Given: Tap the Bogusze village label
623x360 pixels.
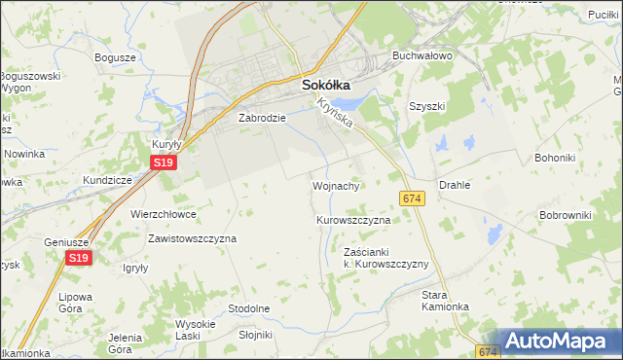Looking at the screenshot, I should [115, 57].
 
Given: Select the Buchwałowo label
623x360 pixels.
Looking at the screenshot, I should [422, 56].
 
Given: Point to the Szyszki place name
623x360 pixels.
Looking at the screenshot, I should [426, 106].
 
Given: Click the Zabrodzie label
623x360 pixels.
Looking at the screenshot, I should [262, 118].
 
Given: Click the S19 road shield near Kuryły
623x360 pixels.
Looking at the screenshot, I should [164, 165].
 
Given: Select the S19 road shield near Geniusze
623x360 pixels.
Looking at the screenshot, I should [80, 257].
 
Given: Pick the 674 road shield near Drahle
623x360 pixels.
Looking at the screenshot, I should [411, 198].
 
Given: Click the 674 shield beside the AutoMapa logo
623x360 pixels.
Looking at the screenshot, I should [489, 350].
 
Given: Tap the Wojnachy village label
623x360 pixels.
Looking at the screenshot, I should [337, 185].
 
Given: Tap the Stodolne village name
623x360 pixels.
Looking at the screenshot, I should [248, 308].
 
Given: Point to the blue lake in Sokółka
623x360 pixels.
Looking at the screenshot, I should [344, 102].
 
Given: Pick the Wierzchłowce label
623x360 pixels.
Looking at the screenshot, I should [163, 213].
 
